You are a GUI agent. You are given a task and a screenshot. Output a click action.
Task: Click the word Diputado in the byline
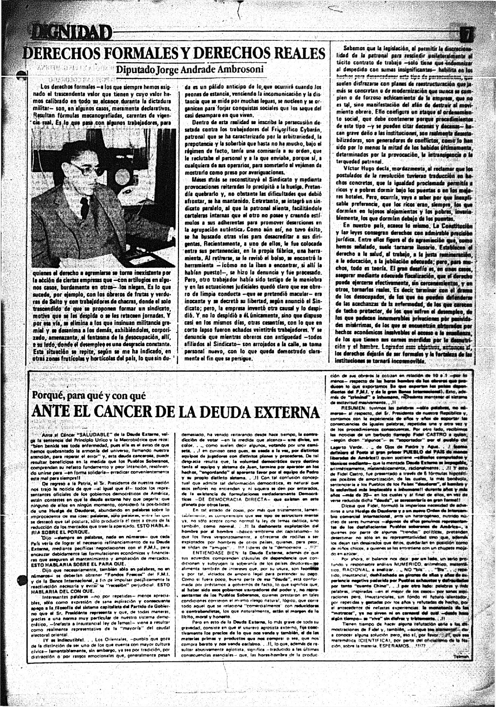pos(136,70)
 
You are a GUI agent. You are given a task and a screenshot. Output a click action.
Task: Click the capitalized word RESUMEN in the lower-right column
pos(353,408)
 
